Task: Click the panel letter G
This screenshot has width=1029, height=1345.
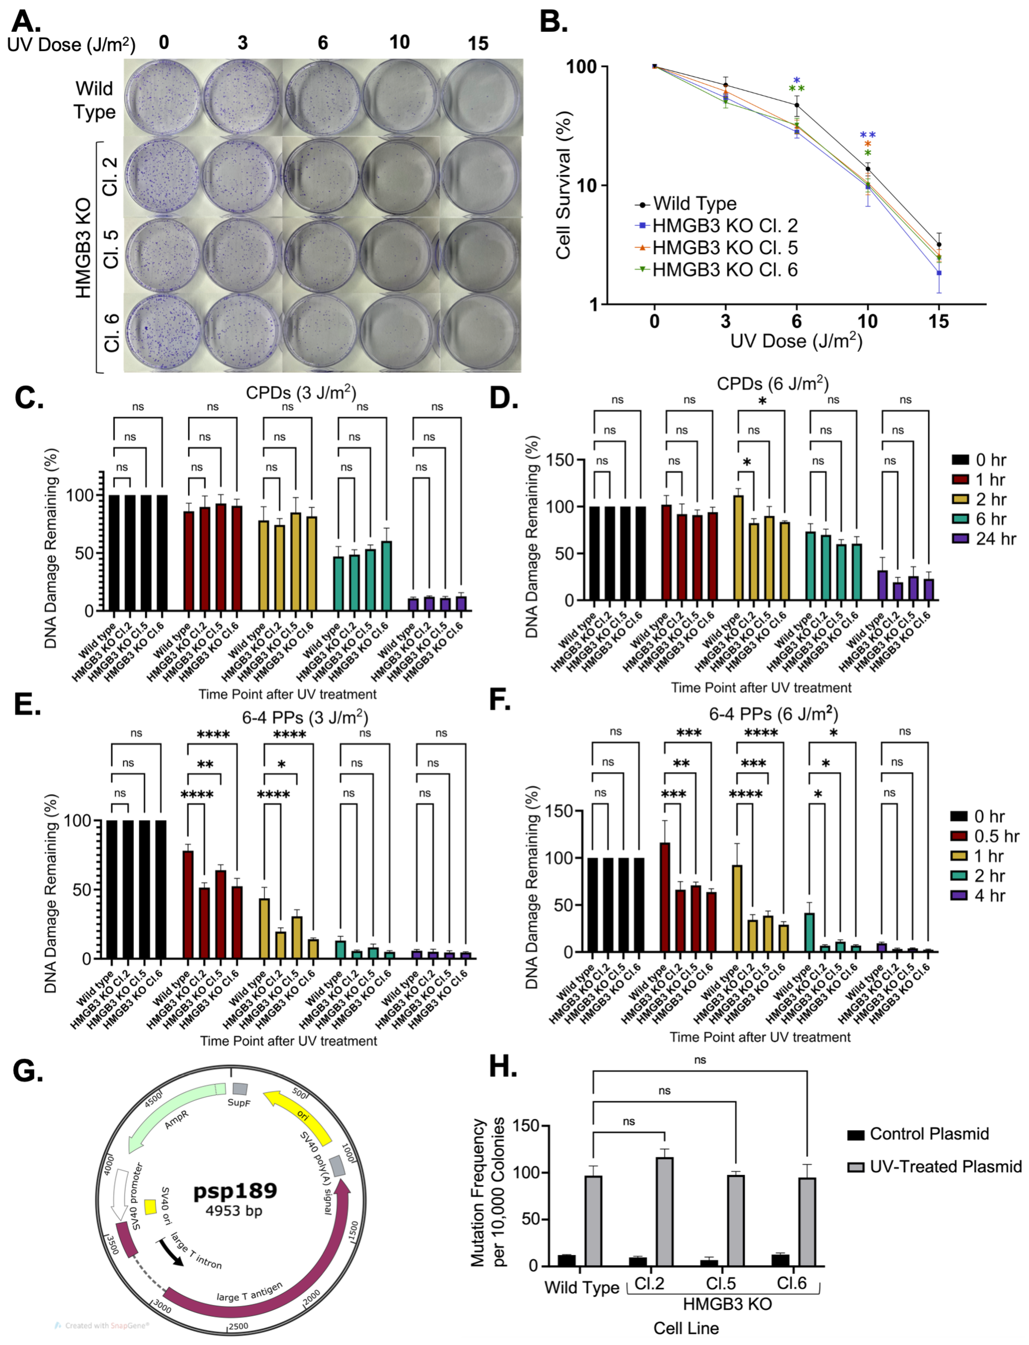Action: coord(28,1071)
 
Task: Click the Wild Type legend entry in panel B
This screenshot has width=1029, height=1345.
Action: coord(694,203)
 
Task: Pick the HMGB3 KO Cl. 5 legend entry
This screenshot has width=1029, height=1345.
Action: coord(725,248)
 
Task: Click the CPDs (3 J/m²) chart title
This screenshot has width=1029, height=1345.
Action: coord(301,392)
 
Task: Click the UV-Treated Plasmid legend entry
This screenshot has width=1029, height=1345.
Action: coord(945,1166)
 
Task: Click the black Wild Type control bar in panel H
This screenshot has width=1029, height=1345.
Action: coord(567,1260)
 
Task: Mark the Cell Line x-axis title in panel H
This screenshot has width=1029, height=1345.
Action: coord(685,1328)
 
